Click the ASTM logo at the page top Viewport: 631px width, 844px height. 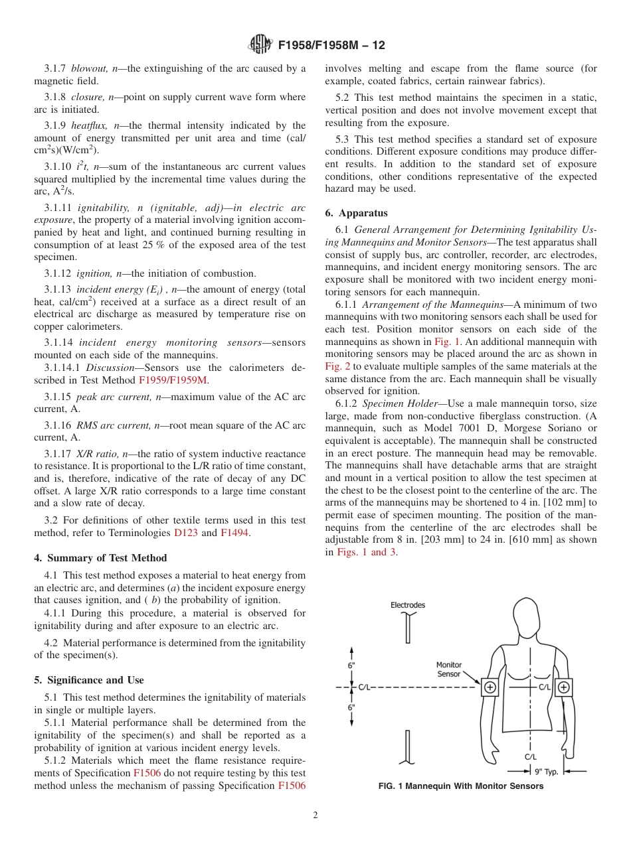(260, 45)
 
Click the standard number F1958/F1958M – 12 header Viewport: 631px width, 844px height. (330, 46)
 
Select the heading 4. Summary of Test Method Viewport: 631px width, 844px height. (100, 558)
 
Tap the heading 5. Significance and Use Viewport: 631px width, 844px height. (88, 680)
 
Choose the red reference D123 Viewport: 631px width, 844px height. (185, 532)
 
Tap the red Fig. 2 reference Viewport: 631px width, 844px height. (337, 366)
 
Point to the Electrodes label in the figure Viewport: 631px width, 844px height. (407, 605)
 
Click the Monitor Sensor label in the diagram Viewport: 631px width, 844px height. (448, 669)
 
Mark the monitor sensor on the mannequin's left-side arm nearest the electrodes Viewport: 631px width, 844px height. (490, 687)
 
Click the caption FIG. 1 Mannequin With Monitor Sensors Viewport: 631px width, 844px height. (460, 786)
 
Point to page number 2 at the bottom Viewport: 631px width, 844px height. (315, 815)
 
